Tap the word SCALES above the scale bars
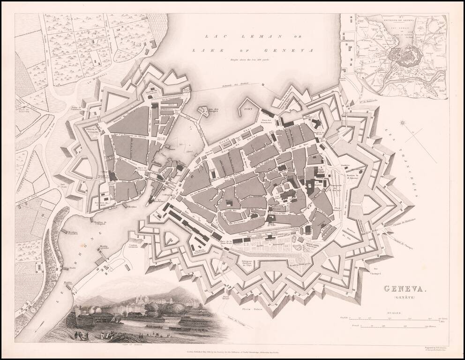click(x=393, y=311)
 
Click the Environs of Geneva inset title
click(x=402, y=20)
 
